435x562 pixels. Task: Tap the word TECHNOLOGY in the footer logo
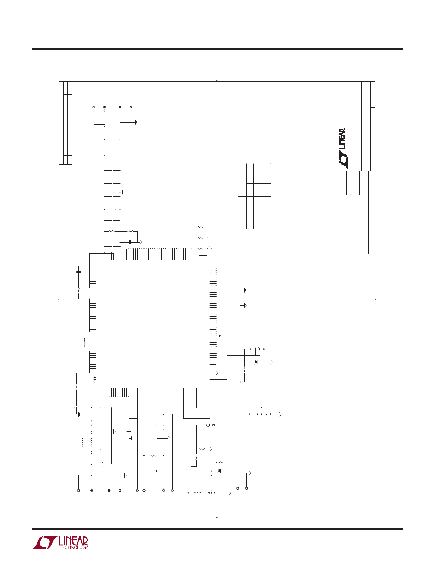pyautogui.click(x=74, y=547)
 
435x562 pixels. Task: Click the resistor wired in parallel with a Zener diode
pyautogui.click(x=219, y=462)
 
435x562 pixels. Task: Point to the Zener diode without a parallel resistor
pyautogui.click(x=256, y=362)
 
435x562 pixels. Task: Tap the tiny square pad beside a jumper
pyautogui.click(x=214, y=425)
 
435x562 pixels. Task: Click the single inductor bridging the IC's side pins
pyautogui.click(x=85, y=342)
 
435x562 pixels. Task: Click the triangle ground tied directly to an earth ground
pyautogui.click(x=245, y=305)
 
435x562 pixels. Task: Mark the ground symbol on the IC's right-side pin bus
pyautogui.click(x=219, y=336)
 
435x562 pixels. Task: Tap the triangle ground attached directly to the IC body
pyautogui.click(x=217, y=373)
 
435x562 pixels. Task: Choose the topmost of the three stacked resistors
pyautogui.click(x=200, y=227)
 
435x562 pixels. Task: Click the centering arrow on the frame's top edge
pyautogui.click(x=217, y=80)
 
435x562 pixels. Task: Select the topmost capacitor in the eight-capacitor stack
pyautogui.click(x=112, y=127)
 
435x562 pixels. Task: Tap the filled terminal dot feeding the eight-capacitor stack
pyautogui.click(x=105, y=107)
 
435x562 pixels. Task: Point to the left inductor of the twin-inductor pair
pyautogui.click(x=82, y=443)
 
